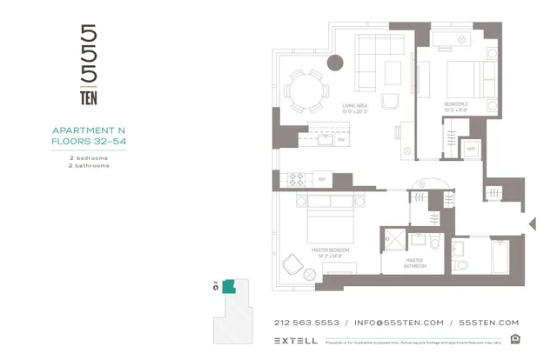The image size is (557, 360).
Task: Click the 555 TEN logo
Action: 89,64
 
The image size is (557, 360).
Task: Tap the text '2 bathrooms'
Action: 90,165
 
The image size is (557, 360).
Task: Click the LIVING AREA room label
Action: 355,108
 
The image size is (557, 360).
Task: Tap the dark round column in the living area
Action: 335,63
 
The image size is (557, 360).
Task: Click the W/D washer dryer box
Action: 470,149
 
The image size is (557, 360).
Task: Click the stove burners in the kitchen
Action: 296,180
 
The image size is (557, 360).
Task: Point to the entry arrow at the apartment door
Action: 531,224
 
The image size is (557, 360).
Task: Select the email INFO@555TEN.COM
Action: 399,322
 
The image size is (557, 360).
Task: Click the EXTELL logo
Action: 295,341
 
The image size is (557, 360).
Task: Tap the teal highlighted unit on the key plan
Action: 228,286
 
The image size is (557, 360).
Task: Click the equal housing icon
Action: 514,339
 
